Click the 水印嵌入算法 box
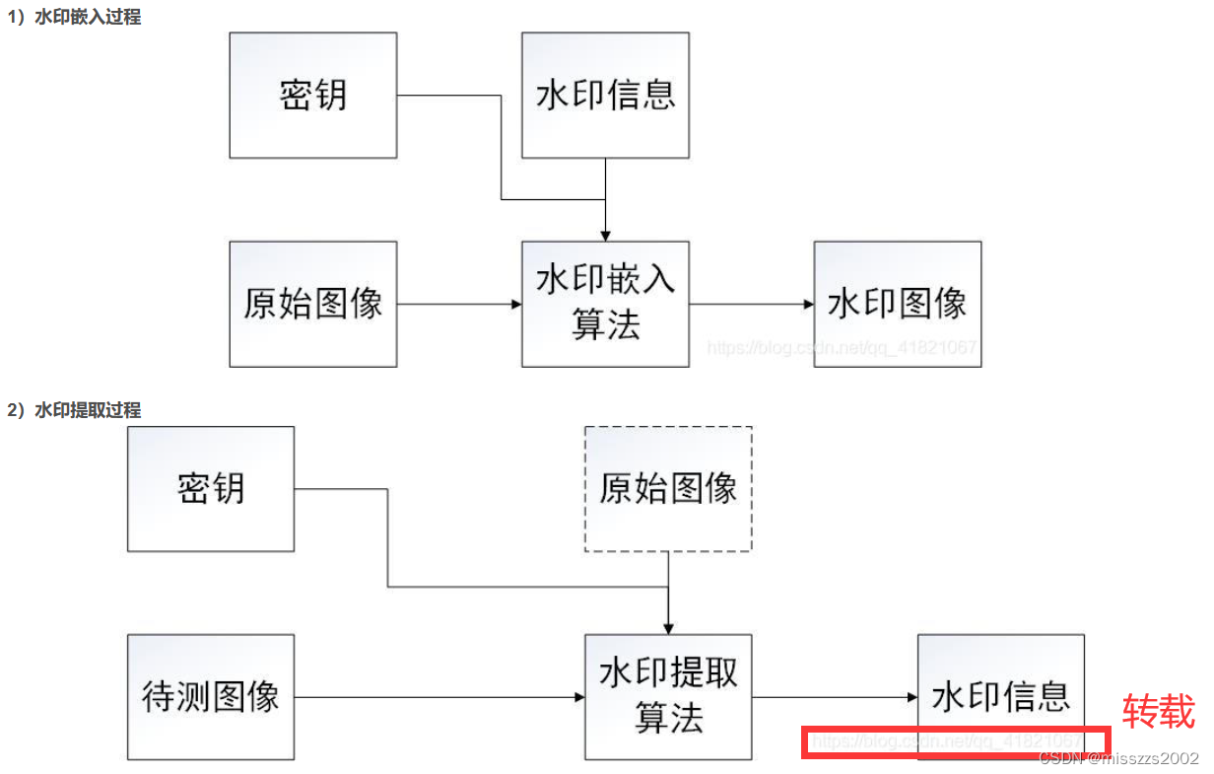coord(605,304)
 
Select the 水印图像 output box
coord(897,304)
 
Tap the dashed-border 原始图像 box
coord(668,488)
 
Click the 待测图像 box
coord(211,697)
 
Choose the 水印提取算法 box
coord(668,697)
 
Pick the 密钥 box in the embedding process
coord(313,95)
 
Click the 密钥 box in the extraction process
coord(211,488)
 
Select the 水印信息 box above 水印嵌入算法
coord(605,95)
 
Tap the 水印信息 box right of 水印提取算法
coord(1000,697)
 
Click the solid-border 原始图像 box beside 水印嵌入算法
coord(313,304)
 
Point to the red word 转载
coord(1159,711)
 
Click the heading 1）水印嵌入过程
coord(75,17)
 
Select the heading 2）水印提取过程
coord(75,409)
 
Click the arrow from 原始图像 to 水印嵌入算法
coord(459,305)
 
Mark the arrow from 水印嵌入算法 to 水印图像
coord(751,305)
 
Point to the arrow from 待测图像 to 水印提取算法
coord(438,698)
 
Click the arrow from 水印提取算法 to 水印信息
coord(835,698)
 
